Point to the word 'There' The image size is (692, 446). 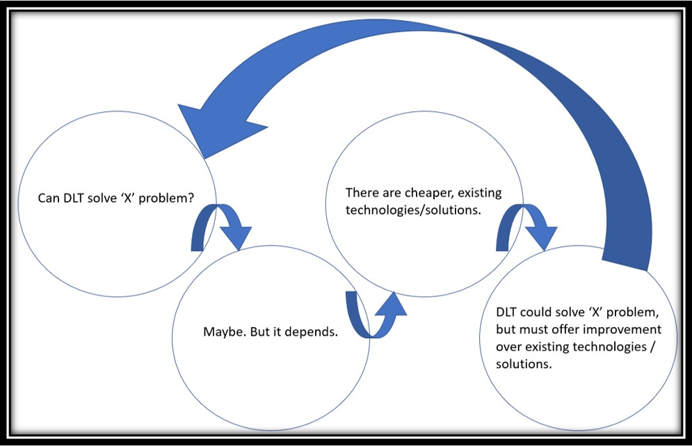pyautogui.click(x=362, y=192)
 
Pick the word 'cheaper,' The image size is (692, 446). pyautogui.click(x=428, y=192)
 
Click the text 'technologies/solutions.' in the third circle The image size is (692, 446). pyautogui.click(x=411, y=210)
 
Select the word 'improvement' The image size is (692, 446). pyautogui.click(x=625, y=328)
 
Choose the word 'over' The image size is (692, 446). pyautogui.click(x=508, y=346)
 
